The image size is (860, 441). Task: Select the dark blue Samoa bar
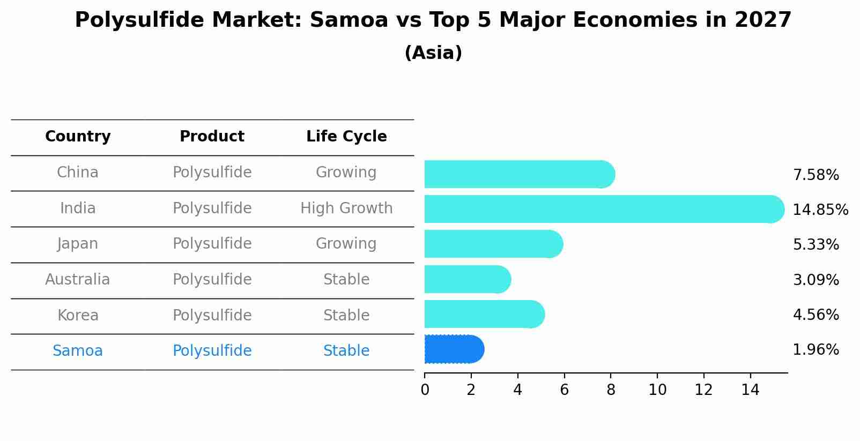point(454,349)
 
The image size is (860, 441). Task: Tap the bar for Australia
point(467,279)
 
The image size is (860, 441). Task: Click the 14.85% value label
point(820,210)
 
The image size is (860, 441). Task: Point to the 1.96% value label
point(815,350)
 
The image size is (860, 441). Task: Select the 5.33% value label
point(815,245)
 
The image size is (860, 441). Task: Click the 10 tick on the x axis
point(657,390)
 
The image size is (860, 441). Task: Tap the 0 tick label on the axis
point(425,390)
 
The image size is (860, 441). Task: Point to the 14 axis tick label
point(750,390)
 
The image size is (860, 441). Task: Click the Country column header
point(78,137)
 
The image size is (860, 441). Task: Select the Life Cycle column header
point(346,137)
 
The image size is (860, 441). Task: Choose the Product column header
point(212,137)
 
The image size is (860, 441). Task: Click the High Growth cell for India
point(346,208)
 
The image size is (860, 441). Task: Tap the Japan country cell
point(78,244)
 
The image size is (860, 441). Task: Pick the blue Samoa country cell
point(78,351)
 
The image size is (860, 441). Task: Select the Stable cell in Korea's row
point(346,316)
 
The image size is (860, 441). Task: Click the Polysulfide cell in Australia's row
point(212,280)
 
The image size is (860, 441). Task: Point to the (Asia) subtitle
point(433,53)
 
